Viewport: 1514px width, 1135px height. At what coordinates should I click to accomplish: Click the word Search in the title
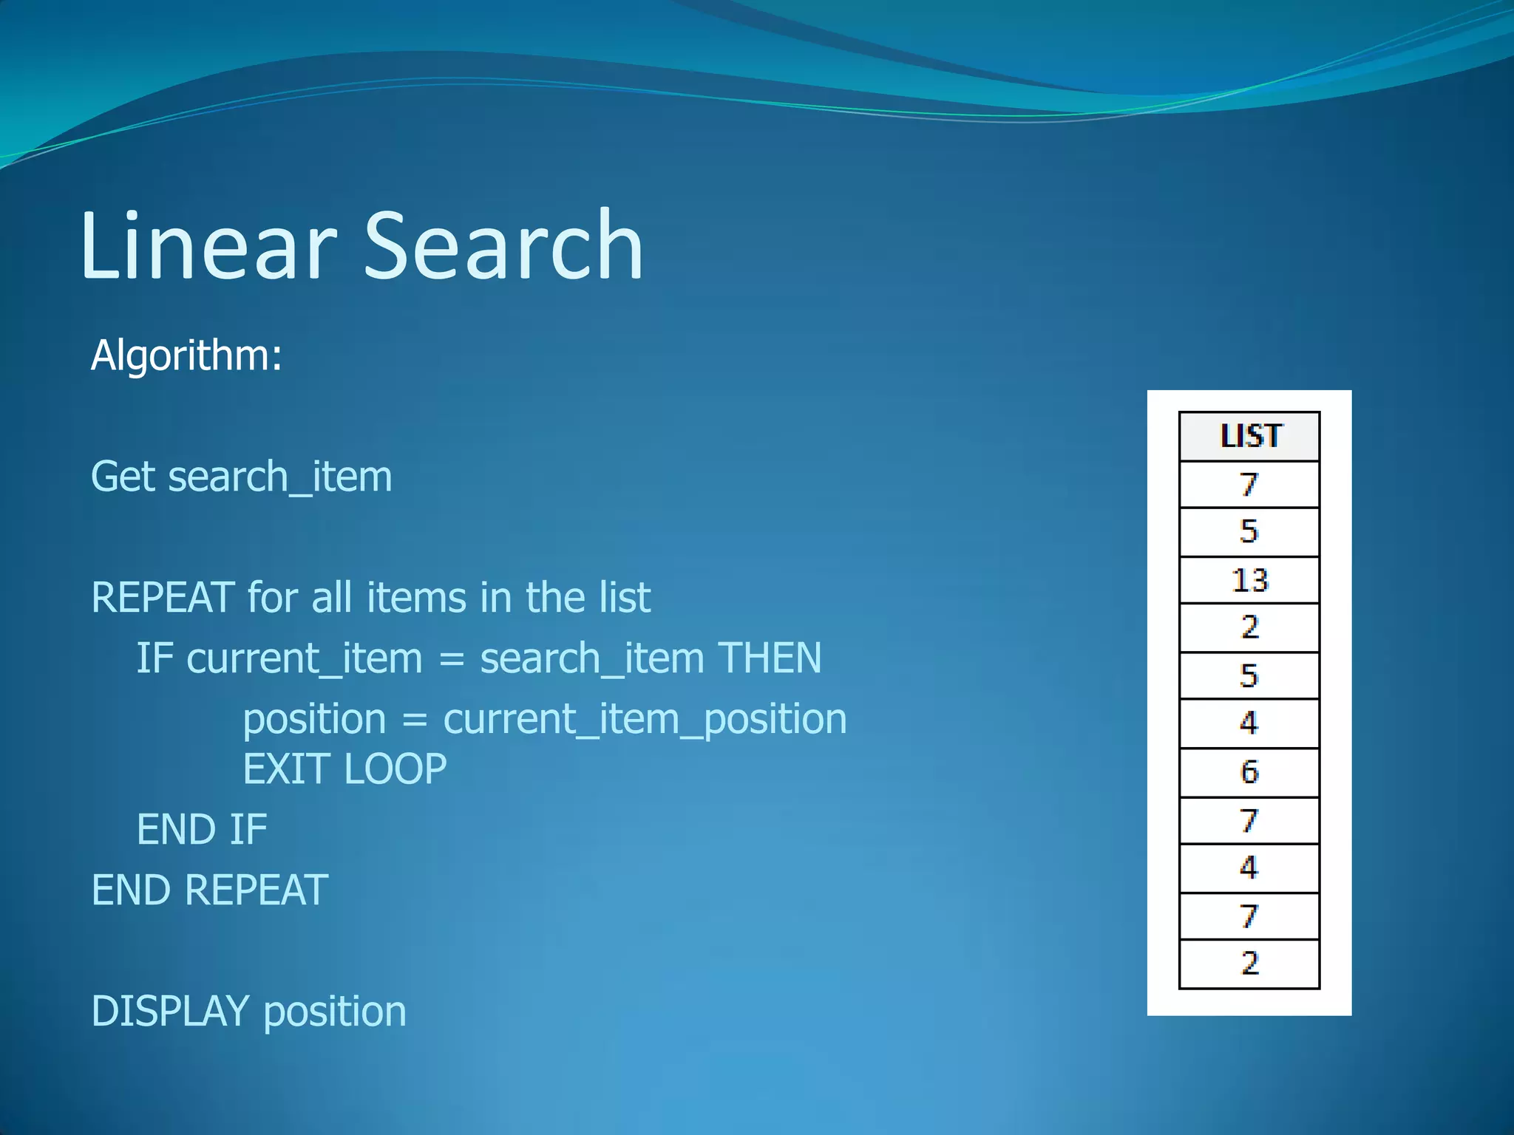click(x=503, y=245)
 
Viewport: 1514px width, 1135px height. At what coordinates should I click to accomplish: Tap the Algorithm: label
click(x=186, y=355)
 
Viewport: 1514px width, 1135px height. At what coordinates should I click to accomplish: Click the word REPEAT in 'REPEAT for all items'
click(x=163, y=597)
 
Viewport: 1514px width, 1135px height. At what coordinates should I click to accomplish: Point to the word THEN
click(x=770, y=658)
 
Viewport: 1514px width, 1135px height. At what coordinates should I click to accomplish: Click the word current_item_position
click(x=645, y=719)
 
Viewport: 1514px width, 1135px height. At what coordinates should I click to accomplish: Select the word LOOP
click(x=396, y=769)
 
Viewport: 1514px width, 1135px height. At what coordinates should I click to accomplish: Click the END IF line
click(x=202, y=829)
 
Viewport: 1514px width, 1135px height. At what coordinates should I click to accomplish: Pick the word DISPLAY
click(x=171, y=1011)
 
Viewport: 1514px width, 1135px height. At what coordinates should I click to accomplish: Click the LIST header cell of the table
click(x=1249, y=437)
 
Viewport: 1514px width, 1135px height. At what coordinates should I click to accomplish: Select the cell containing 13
click(x=1249, y=580)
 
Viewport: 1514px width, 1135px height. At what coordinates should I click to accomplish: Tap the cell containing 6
click(x=1249, y=772)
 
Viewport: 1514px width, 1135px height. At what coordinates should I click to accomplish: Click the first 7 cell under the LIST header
click(x=1249, y=485)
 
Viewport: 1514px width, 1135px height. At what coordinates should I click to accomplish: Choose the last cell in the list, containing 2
click(x=1249, y=964)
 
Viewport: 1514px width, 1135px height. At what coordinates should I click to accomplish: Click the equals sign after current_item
click(x=451, y=659)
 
